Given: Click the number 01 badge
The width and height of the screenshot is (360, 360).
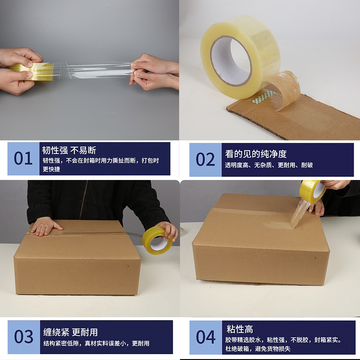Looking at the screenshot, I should [23, 159].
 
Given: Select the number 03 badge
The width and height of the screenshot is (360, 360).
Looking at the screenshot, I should [23, 337].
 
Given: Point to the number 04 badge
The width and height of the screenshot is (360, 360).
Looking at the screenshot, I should [206, 337].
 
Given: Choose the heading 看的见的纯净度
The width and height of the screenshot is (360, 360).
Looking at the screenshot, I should [256, 153].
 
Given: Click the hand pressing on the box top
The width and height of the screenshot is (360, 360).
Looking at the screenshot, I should [45, 226].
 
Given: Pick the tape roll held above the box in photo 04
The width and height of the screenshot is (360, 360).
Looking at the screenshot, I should [313, 190].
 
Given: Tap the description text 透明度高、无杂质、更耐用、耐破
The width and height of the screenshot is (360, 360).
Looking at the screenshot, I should [269, 165].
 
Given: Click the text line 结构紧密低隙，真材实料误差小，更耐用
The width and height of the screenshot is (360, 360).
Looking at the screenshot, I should [96, 343].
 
